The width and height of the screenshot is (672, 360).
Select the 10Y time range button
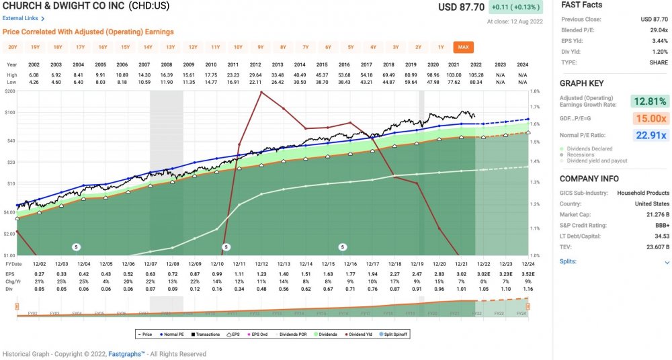[238, 47]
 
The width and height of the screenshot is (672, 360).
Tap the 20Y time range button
[13, 47]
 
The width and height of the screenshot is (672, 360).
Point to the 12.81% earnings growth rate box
[648, 101]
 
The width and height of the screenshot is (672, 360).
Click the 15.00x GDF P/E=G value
[648, 118]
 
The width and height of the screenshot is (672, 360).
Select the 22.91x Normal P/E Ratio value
[648, 135]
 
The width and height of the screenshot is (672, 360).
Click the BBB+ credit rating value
[661, 224]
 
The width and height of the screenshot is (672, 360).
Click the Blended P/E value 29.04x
[658, 30]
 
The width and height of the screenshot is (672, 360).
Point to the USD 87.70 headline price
[461, 7]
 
